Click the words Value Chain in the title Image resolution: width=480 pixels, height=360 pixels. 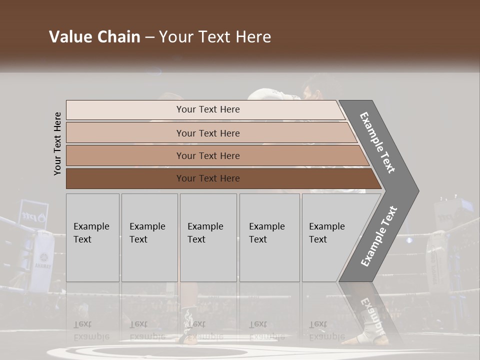point(94,37)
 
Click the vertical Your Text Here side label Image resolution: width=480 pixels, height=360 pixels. point(57,143)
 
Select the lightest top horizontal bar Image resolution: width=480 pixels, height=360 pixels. point(207,109)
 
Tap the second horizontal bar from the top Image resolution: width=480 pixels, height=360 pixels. point(207,133)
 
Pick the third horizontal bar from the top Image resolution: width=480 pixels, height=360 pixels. point(207,155)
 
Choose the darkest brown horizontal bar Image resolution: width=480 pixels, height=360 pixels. point(207,178)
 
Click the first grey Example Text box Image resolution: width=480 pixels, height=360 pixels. point(92,237)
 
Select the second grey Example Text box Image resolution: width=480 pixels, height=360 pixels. point(149,237)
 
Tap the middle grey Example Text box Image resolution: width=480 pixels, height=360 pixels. point(208,237)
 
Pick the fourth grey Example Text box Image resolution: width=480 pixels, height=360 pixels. point(269,237)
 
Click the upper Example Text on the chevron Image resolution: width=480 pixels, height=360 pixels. point(377,142)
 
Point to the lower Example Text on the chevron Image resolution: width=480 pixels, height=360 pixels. point(379,236)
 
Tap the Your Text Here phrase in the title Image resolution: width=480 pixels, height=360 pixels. point(214,37)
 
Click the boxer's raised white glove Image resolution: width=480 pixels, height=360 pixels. point(265,94)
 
